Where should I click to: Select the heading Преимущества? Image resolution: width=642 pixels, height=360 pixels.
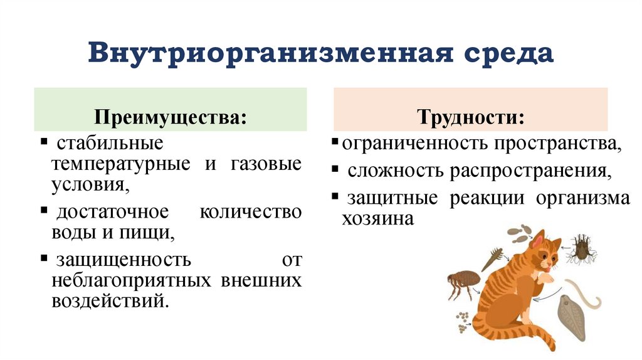pos(169,118)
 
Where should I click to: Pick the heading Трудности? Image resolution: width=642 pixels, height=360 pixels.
pos(471,117)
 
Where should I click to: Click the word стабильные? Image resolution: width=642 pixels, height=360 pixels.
pos(110,143)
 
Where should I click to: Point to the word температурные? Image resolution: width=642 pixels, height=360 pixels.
pos(122,164)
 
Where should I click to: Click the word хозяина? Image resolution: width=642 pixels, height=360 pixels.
pos(377,219)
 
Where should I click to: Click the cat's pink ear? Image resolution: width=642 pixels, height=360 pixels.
pos(538,240)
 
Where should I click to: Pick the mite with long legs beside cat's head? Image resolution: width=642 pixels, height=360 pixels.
pos(581,248)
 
